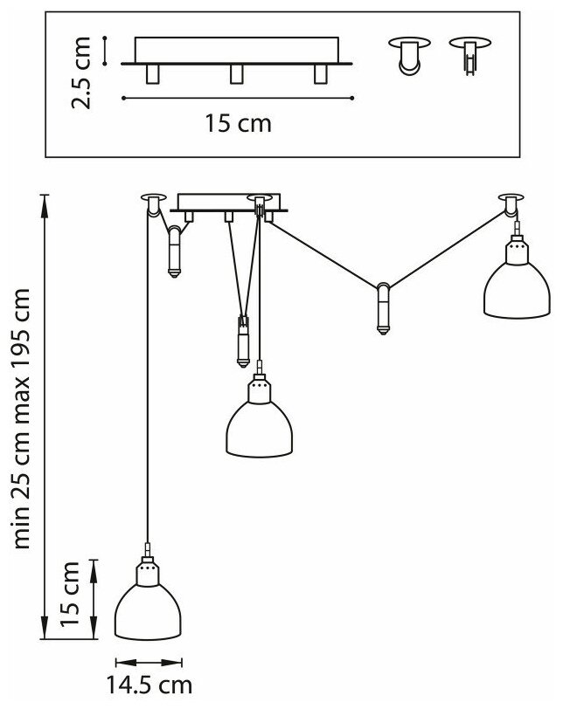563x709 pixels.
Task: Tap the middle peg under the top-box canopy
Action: pos(236,74)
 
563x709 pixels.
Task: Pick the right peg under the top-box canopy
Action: pos(319,74)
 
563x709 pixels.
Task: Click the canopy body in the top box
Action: pos(236,50)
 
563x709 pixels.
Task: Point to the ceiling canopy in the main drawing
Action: pos(227,203)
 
